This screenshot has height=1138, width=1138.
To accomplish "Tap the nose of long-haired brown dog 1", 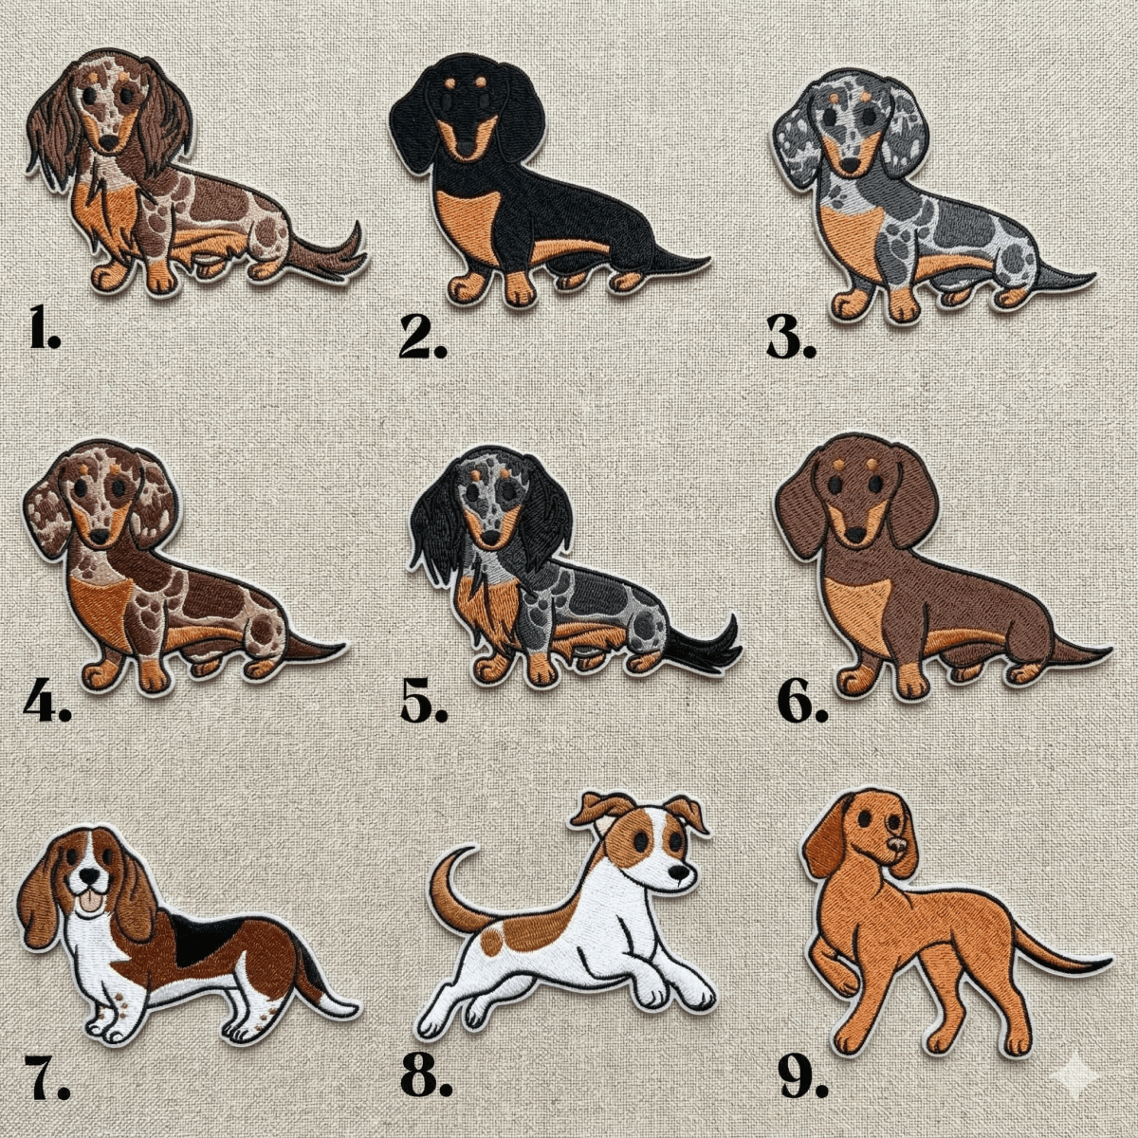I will (x=110, y=143).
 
